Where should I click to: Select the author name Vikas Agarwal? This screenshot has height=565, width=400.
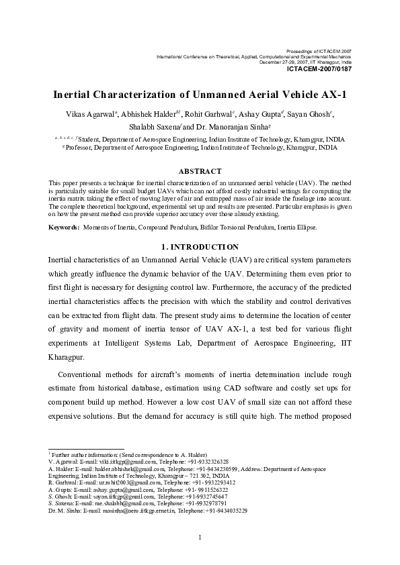pyautogui.click(x=84, y=113)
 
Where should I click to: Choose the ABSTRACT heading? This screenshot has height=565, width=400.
pyautogui.click(x=200, y=172)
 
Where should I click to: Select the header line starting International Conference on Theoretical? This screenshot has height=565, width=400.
pyautogui.click(x=253, y=56)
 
